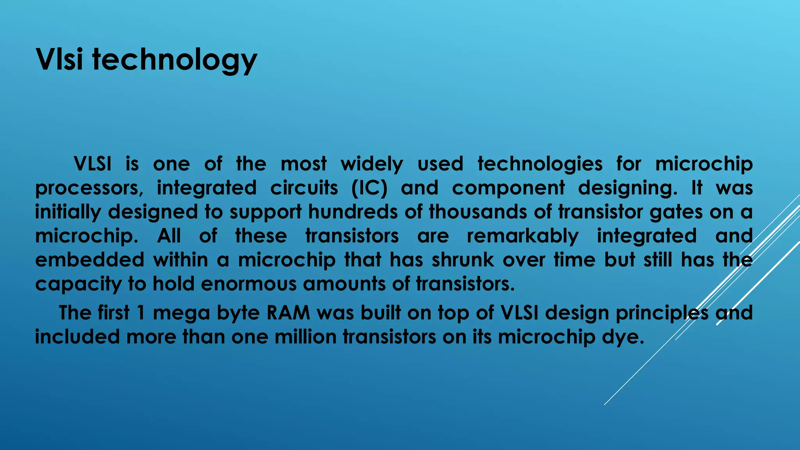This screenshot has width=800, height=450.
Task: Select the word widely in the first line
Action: pyautogui.click(x=371, y=164)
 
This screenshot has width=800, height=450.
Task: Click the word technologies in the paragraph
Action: pyautogui.click(x=540, y=164)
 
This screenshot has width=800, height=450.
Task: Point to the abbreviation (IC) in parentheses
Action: pyautogui.click(x=369, y=188)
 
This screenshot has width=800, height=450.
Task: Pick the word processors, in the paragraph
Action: pyautogui.click(x=89, y=188)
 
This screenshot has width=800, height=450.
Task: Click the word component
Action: pyautogui.click(x=508, y=188)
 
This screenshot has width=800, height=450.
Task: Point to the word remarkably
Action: pyautogui.click(x=523, y=236)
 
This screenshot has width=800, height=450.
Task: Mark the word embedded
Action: pyautogui.click(x=90, y=260)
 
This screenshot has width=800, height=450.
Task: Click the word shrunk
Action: pyautogui.click(x=462, y=260)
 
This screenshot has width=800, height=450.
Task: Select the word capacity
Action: pyautogui.click(x=78, y=284)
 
